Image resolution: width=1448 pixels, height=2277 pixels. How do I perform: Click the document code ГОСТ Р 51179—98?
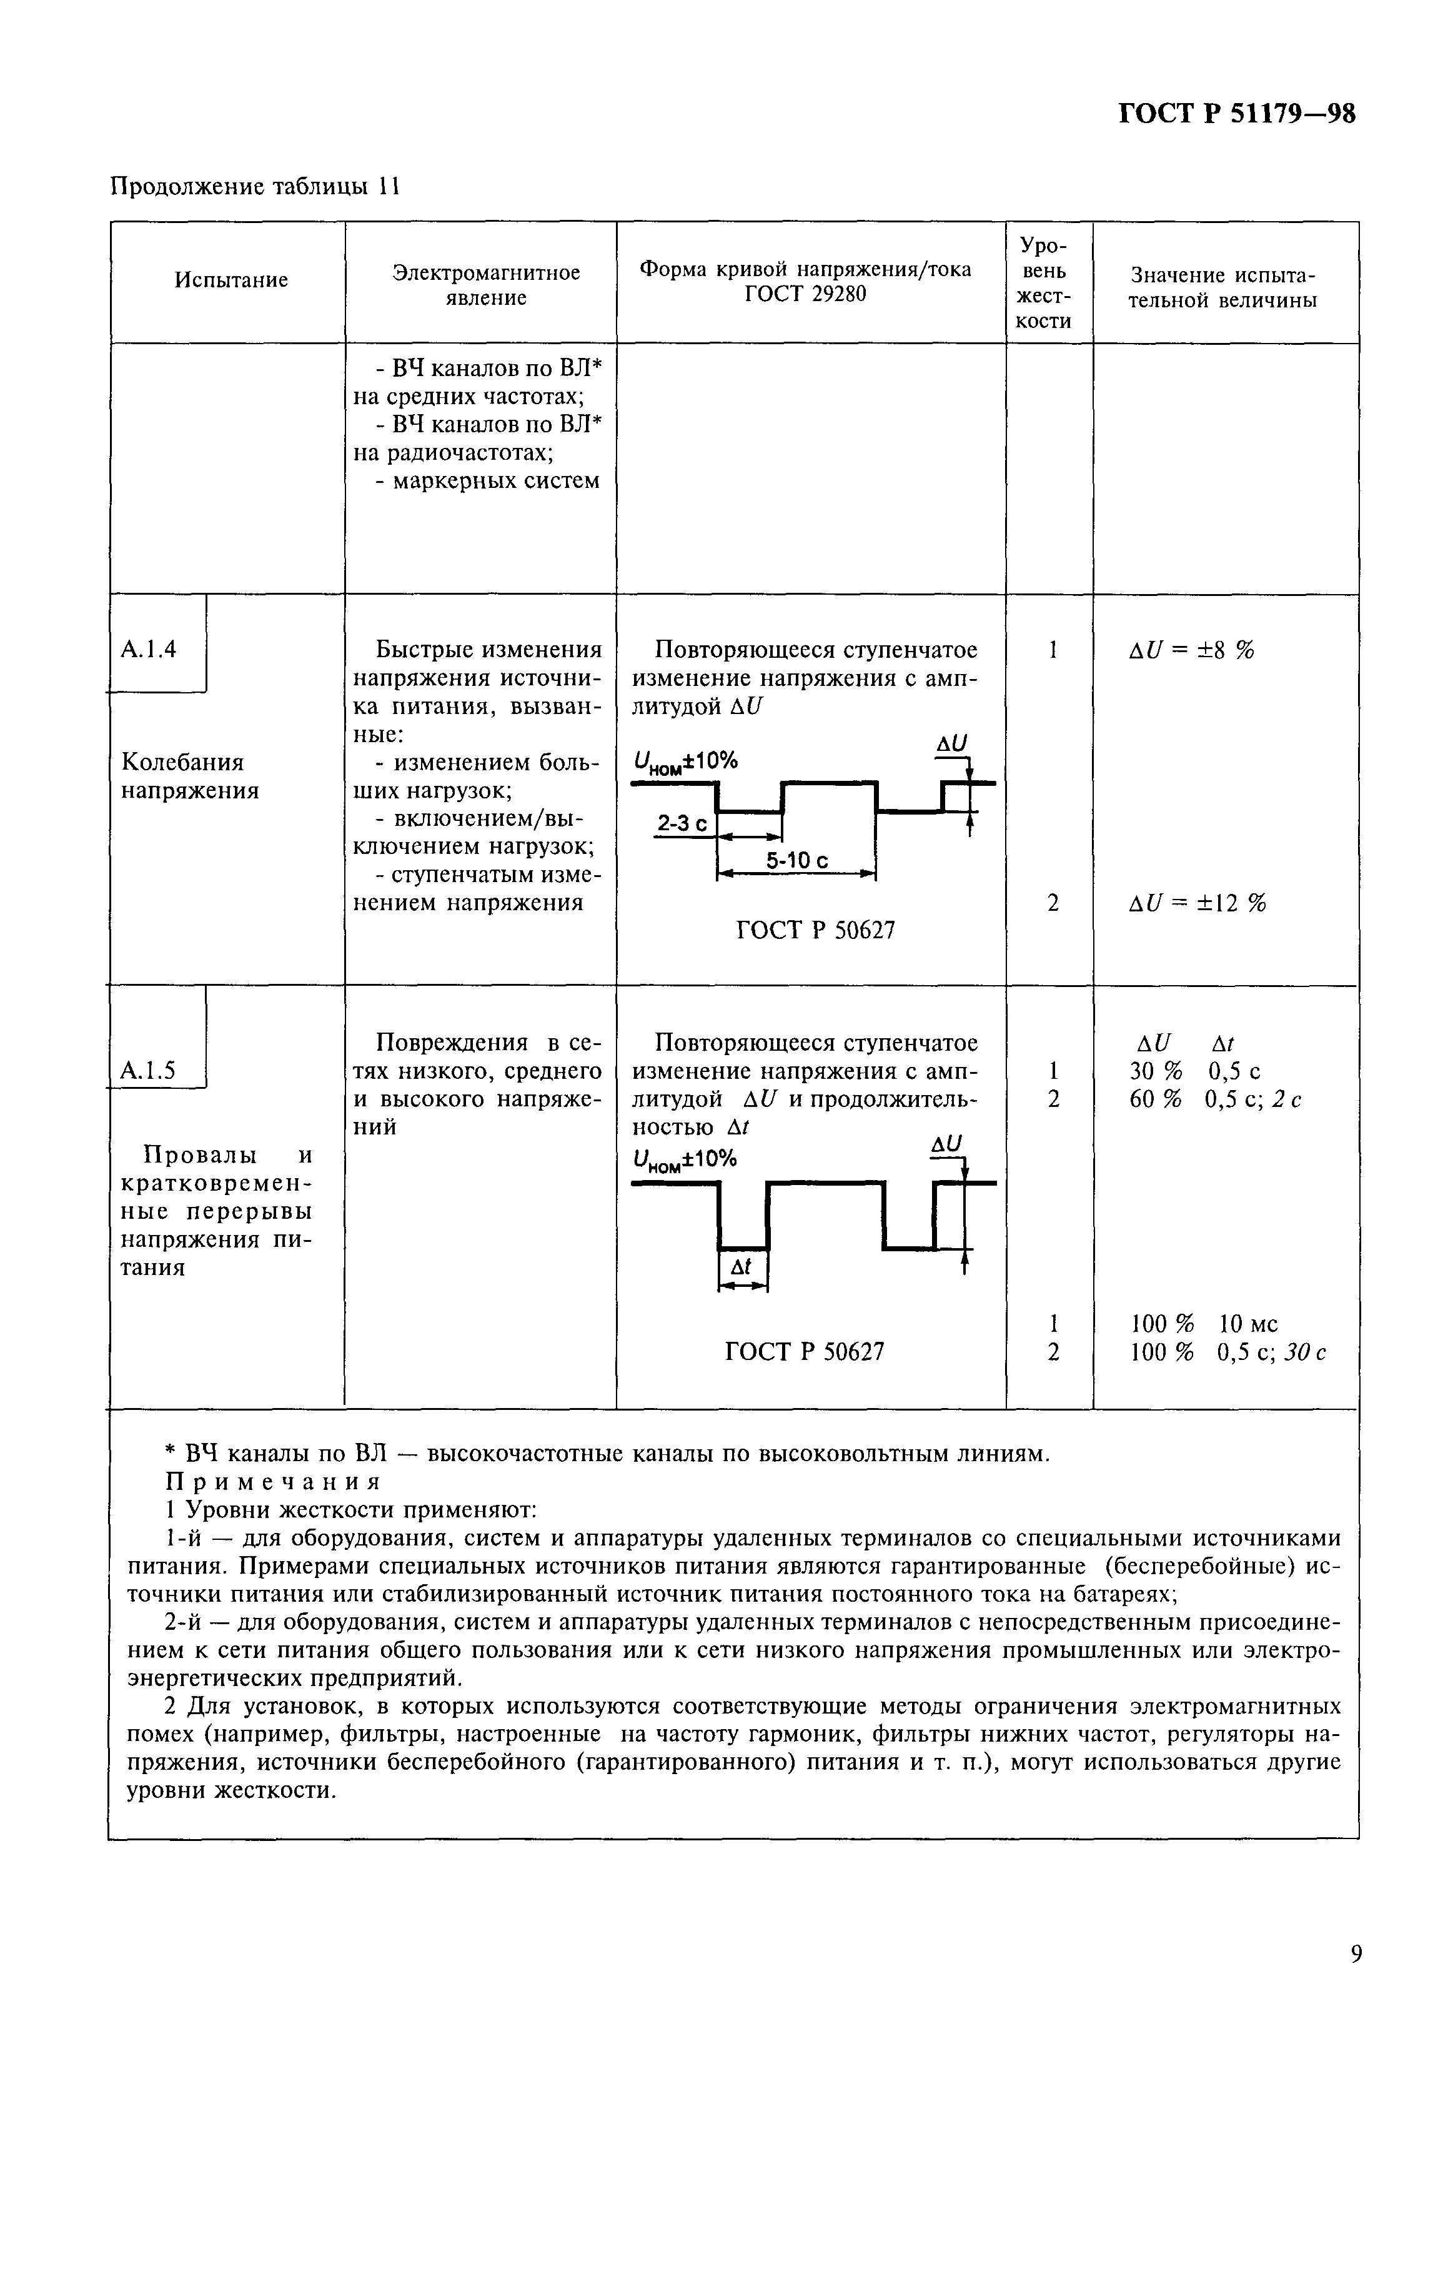coord(1236,114)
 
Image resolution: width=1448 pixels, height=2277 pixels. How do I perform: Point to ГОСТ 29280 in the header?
coord(804,294)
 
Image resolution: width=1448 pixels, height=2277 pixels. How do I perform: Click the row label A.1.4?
coord(149,648)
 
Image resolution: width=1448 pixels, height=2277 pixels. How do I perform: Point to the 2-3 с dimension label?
coord(682,825)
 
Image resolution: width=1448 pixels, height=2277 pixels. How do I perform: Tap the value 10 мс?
coord(1249,1324)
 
